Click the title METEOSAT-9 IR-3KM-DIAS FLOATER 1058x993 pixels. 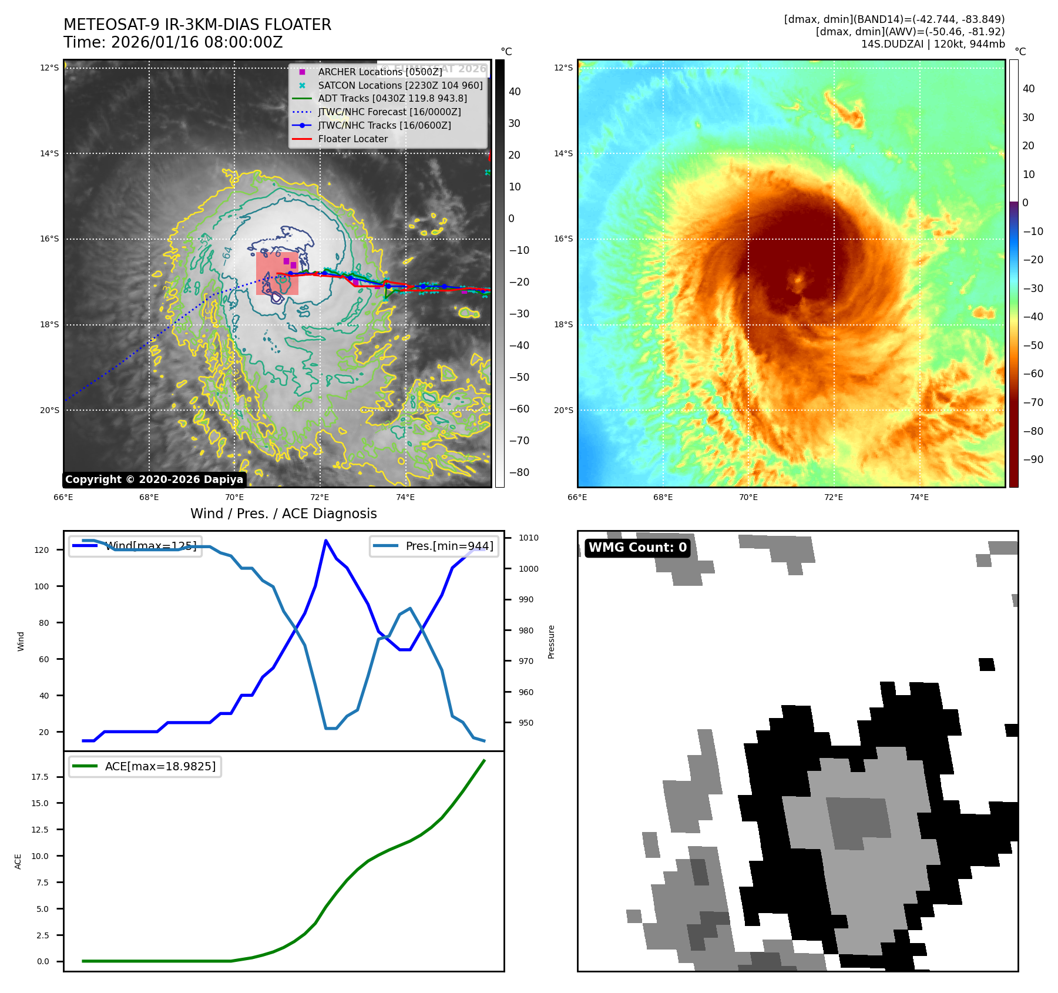[197, 25]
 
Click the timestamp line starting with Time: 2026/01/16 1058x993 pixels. [173, 42]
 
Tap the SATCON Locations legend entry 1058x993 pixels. [400, 85]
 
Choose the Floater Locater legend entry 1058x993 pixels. [352, 139]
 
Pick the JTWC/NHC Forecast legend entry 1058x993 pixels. [389, 112]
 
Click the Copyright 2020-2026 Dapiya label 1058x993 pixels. [154, 479]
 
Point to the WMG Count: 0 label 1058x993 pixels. [637, 548]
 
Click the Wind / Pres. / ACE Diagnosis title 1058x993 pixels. [284, 514]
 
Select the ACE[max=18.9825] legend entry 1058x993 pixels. [160, 766]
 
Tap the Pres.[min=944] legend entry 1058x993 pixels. [449, 546]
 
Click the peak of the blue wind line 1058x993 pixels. [326, 540]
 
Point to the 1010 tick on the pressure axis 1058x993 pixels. [528, 538]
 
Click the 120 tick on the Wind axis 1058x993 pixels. [42, 550]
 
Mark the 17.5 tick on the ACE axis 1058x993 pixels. [40, 777]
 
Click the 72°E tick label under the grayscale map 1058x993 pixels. [320, 497]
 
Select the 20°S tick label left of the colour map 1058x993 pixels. [563, 410]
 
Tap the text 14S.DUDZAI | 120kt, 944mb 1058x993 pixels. [933, 44]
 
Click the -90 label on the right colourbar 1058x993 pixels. [1033, 459]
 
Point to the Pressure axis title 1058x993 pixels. [551, 642]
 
